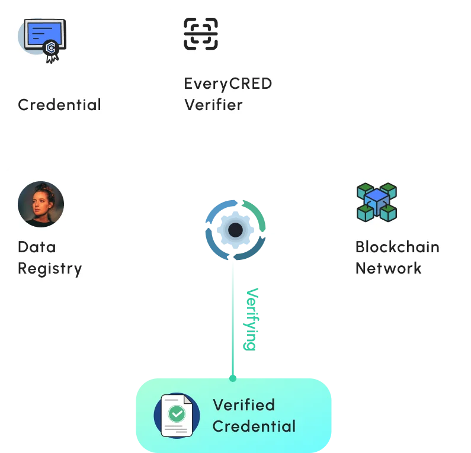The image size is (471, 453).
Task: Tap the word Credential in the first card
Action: tap(59, 105)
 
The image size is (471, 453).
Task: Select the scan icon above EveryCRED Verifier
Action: tap(201, 33)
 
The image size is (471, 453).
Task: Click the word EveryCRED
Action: tap(228, 83)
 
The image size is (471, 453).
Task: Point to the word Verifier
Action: tap(213, 105)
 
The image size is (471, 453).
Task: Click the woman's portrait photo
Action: tap(41, 204)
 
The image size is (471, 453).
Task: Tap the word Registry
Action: tap(50, 268)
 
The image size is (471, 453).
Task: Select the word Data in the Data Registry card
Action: tap(37, 247)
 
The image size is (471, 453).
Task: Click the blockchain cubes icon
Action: tap(376, 202)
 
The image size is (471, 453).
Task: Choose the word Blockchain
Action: tap(397, 246)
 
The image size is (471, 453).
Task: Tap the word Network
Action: tap(388, 268)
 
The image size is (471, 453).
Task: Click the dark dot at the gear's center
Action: tap(236, 229)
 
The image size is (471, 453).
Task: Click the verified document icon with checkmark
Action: tap(176, 415)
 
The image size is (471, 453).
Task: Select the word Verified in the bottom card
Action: tap(243, 405)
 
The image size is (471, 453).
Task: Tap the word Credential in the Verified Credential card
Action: tap(254, 426)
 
